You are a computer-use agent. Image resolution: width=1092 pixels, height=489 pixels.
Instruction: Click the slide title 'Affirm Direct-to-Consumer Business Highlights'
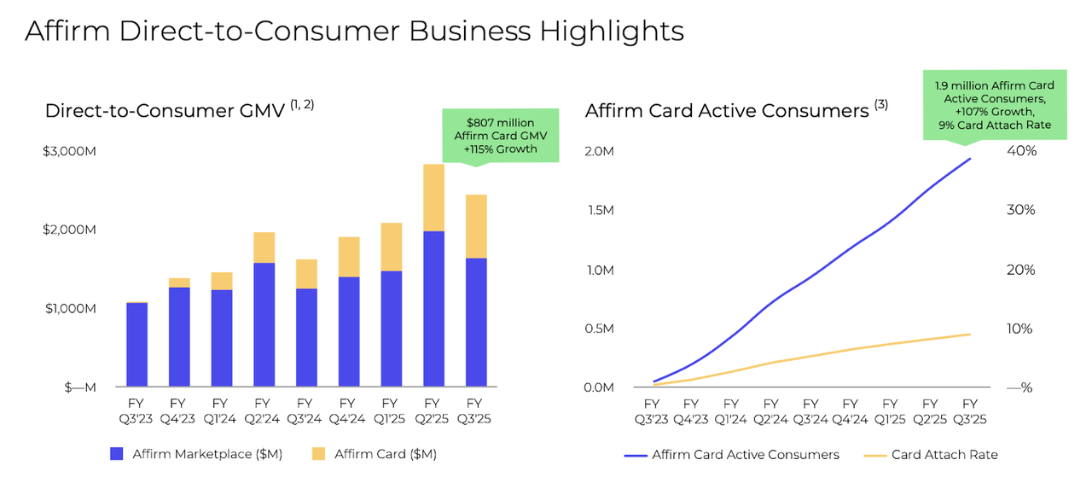354,31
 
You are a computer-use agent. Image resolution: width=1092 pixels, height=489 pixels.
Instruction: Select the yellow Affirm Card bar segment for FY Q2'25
433,197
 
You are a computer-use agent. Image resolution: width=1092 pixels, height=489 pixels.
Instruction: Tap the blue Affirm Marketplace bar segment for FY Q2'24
264,324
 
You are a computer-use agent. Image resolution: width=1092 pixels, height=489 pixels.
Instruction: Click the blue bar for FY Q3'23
136,345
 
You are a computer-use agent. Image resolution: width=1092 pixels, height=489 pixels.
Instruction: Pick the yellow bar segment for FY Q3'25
475,226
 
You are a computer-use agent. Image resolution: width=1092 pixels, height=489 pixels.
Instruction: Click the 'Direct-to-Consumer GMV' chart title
165,111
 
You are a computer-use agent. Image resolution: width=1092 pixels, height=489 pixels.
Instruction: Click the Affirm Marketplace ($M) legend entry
197,454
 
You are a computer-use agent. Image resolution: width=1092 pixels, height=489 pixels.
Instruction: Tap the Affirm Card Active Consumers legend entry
734,455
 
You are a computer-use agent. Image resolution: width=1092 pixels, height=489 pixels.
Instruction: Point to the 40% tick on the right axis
1021,151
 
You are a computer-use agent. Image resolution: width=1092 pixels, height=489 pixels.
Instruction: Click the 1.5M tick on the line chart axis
601,210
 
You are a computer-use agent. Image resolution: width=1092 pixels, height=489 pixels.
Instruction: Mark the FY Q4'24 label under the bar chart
346,410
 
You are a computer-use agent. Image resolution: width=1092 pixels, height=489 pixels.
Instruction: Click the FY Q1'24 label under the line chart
731,410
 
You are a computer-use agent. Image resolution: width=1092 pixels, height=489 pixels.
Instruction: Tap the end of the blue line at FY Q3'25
970,159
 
